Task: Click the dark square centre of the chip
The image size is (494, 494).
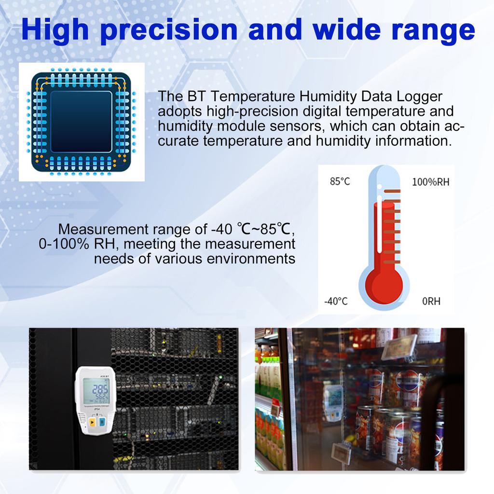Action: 81,121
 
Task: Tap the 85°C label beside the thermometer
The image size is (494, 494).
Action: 340,182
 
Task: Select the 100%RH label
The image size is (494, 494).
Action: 430,182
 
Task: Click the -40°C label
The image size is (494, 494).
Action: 336,302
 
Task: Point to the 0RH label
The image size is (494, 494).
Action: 431,302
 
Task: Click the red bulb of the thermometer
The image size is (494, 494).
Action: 384,285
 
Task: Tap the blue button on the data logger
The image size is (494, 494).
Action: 102,423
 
